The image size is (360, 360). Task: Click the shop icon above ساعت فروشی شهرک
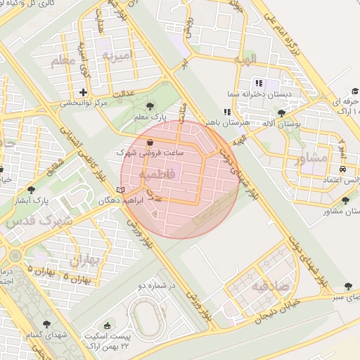pos(150,141)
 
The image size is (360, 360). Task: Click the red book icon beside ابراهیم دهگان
pos(121,189)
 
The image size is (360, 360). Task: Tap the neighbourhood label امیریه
pos(117,55)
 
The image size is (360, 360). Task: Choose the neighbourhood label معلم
pos(63,62)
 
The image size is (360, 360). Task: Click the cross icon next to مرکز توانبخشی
pos(84,92)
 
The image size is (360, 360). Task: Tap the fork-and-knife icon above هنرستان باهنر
pos(226,112)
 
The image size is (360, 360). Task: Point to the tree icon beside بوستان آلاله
pos(281,112)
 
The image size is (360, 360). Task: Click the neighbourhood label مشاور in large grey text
pos(312,158)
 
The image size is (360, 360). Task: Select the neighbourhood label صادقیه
pos(271,286)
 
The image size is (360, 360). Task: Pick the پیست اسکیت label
pos(108,337)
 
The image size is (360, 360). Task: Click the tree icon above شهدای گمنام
pos(46,325)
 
